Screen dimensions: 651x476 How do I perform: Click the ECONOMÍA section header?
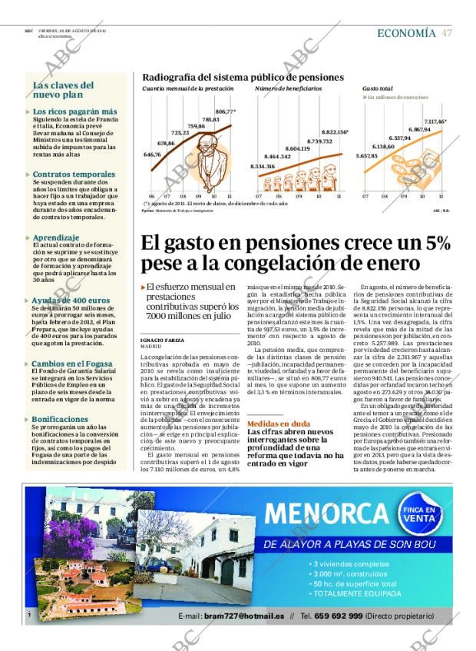click(x=407, y=32)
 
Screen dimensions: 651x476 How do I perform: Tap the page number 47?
click(x=447, y=32)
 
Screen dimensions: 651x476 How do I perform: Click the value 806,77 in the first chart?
click(x=225, y=111)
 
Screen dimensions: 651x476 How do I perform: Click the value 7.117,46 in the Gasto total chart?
click(x=435, y=121)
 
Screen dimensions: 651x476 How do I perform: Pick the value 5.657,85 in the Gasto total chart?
click(x=367, y=156)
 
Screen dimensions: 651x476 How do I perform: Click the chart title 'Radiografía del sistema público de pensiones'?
click(x=243, y=78)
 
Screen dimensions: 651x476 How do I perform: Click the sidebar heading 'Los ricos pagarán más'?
click(x=74, y=111)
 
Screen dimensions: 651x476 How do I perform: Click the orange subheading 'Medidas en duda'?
click(x=279, y=423)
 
